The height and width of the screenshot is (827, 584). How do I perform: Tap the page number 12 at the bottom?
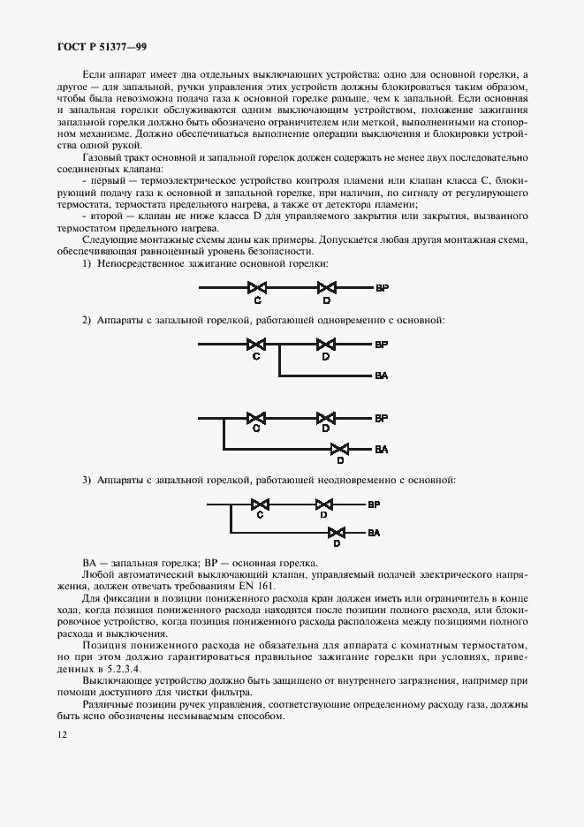pos(62,733)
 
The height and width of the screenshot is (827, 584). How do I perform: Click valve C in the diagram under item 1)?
pos(256,287)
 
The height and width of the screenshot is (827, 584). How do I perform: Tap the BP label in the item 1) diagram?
pos(382,288)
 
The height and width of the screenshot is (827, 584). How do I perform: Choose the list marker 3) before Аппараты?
pos(87,480)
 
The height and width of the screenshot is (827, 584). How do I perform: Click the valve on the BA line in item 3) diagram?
pos(337,533)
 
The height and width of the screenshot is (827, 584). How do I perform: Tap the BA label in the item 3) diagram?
pos(374,534)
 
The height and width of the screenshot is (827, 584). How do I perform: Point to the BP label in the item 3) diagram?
pos(374,505)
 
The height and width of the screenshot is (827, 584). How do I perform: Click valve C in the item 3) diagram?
pos(261,505)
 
